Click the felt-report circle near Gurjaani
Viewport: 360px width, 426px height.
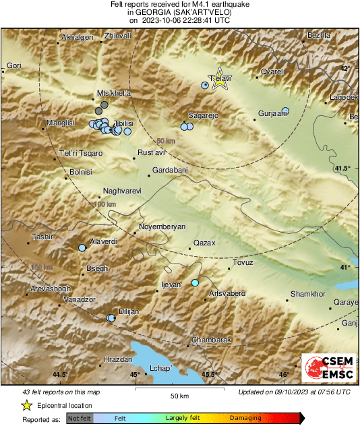[x=285, y=111]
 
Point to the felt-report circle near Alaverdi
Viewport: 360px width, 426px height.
[x=82, y=248]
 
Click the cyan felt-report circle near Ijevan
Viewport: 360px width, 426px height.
[x=195, y=282]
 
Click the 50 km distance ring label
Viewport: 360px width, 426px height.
[x=166, y=141]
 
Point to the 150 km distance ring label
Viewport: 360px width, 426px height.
[x=42, y=268]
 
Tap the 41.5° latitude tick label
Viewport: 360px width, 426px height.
[x=343, y=168]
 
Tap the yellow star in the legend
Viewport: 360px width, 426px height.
[x=26, y=405]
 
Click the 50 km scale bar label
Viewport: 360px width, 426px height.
[x=178, y=395]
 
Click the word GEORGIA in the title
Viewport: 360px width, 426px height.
[x=161, y=12]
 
